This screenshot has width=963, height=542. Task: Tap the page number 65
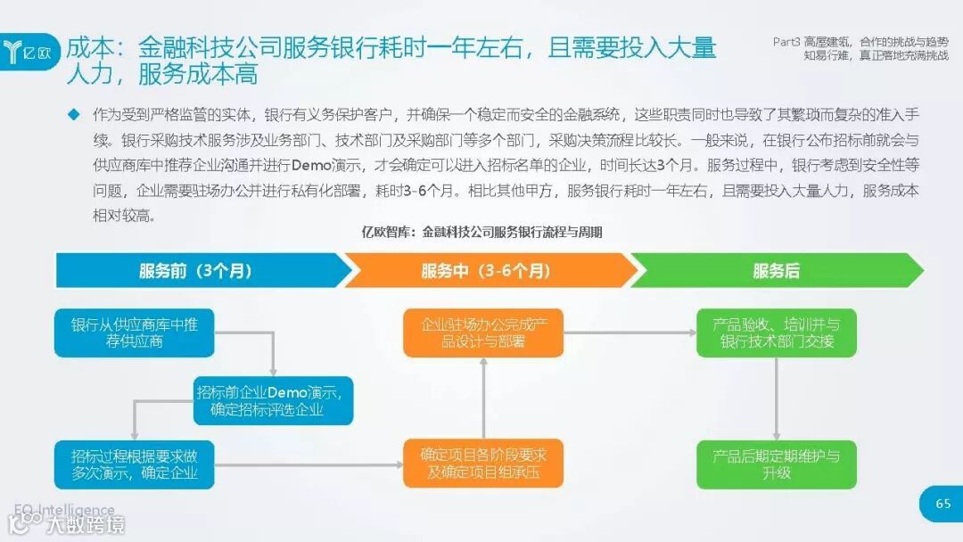(942, 505)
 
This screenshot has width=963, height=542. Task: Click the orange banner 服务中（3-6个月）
(486, 271)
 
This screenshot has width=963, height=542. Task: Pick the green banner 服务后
(776, 271)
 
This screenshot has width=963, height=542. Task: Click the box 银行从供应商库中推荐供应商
(135, 333)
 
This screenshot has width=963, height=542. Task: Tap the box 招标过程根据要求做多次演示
(135, 464)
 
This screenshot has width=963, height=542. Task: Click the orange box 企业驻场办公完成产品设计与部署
(483, 333)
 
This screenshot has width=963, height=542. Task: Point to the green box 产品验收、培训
(776, 333)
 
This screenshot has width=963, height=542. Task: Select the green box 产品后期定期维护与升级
(776, 464)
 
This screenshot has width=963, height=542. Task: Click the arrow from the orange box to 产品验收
(630, 333)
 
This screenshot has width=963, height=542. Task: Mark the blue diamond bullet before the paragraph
(73, 115)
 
